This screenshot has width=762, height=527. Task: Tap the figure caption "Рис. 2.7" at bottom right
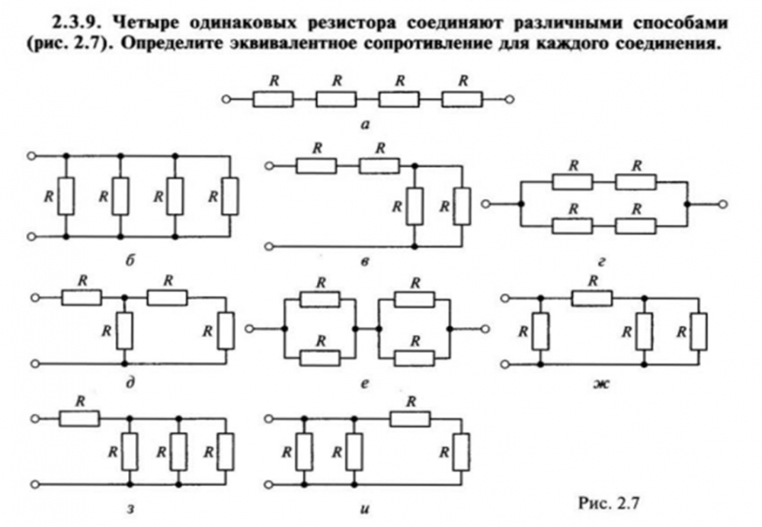pos(606,502)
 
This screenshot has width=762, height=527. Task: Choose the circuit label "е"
pos(365,384)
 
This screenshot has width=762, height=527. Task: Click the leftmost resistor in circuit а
pos(273,98)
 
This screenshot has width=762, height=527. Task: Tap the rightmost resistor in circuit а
pos(461,98)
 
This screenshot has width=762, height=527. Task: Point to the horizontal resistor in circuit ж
pos(593,297)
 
